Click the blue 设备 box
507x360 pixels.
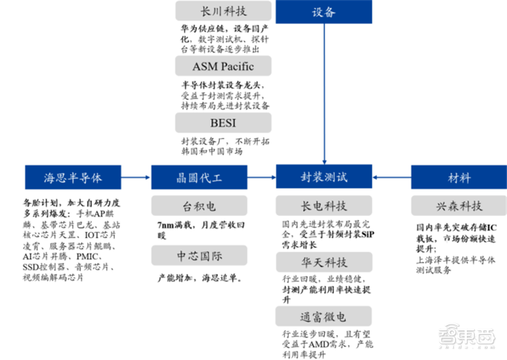point(324,12)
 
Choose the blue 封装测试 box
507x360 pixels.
point(324,176)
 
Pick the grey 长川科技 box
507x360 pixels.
point(223,11)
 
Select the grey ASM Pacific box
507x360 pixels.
point(223,66)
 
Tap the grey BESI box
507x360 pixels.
point(223,122)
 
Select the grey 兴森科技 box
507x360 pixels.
point(458,206)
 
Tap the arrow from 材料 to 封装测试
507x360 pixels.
point(392,177)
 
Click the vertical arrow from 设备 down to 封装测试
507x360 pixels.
point(324,95)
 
